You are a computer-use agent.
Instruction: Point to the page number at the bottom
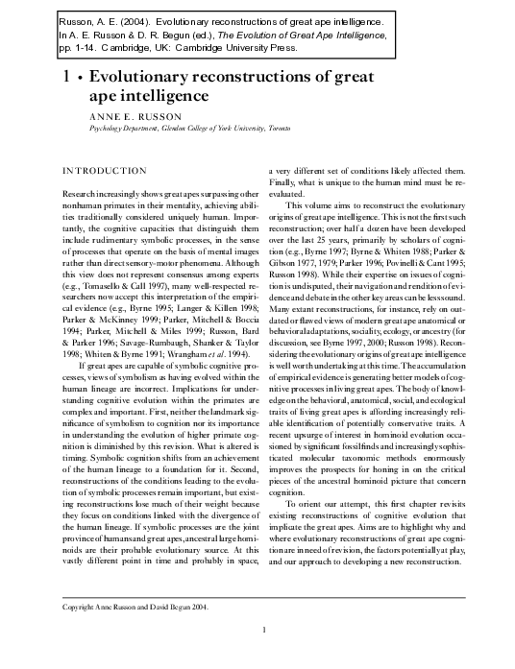263,630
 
